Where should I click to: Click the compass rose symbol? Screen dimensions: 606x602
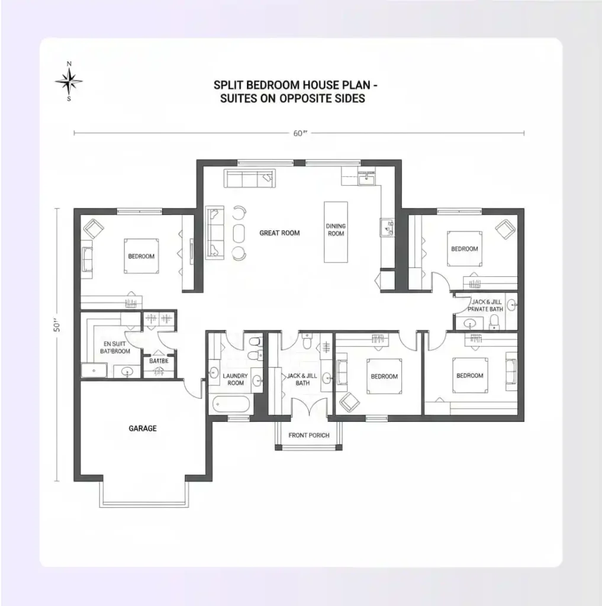[x=69, y=82]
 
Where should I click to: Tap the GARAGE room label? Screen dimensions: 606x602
[x=143, y=428]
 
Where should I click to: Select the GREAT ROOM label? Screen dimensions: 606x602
[x=279, y=233]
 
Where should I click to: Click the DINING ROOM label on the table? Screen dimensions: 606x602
[x=336, y=230]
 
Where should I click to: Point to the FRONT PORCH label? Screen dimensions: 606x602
[x=308, y=436]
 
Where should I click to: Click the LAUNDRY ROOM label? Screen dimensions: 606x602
[x=236, y=379]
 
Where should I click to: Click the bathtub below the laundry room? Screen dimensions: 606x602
[x=231, y=405]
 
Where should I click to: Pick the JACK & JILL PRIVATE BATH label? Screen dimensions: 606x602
[x=486, y=305]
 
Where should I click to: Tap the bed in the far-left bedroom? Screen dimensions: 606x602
[x=141, y=256]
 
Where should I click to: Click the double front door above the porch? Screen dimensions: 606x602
[x=308, y=407]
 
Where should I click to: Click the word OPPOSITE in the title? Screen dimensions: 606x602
[x=307, y=98]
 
